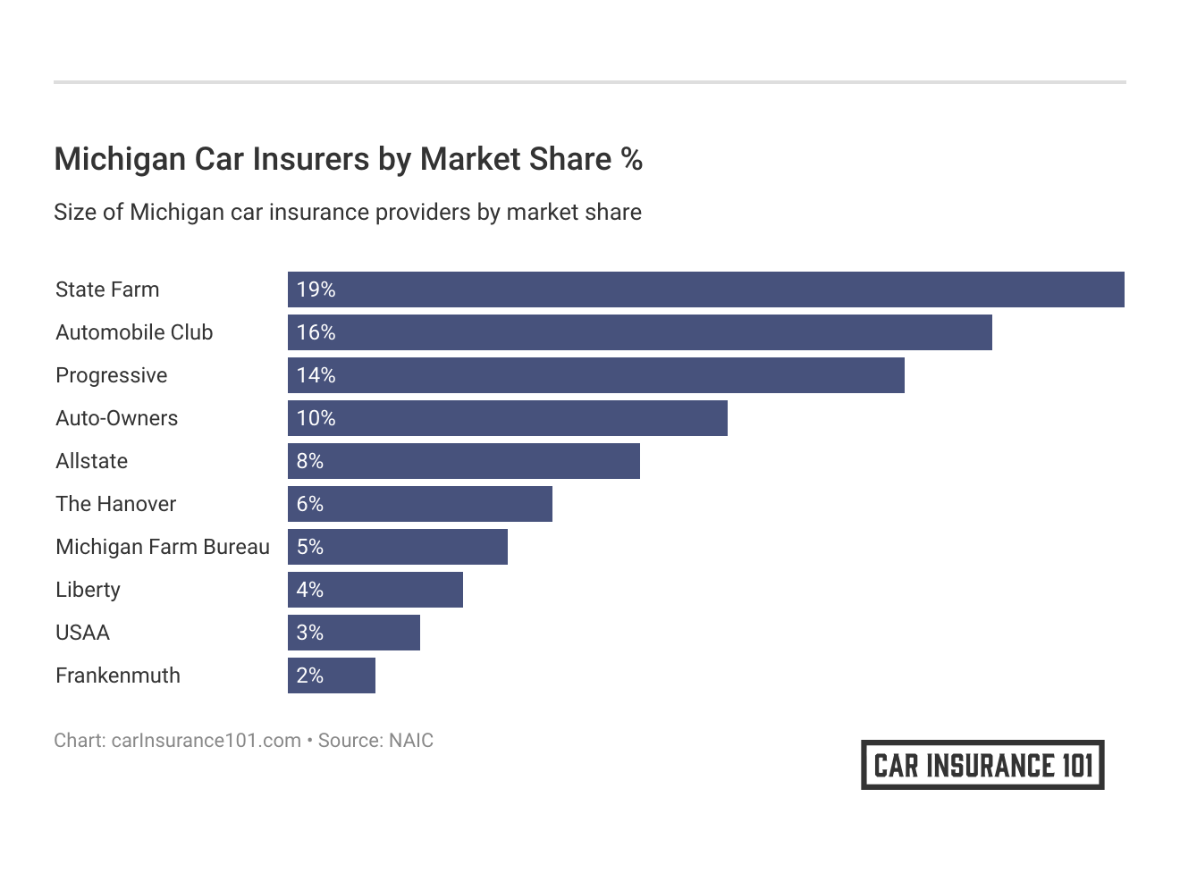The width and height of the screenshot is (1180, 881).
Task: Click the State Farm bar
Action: [705, 289]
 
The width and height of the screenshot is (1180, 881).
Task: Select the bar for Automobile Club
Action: [639, 332]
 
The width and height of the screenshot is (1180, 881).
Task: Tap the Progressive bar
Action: [595, 375]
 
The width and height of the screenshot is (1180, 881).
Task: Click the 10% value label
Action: [316, 418]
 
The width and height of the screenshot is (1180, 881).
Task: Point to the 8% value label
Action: [309, 461]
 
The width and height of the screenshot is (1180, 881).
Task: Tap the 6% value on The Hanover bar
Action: [309, 504]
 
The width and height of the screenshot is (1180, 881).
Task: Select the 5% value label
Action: [309, 547]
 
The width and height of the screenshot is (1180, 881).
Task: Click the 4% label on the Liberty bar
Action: [309, 590]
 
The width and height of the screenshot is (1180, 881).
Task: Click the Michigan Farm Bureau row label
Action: [162, 547]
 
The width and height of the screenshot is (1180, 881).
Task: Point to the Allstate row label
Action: [91, 461]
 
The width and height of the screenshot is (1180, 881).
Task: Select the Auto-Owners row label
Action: [116, 418]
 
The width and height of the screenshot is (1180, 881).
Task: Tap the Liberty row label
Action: [88, 590]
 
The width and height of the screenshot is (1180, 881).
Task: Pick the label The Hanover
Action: [115, 504]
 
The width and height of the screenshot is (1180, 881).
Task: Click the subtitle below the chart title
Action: [347, 213]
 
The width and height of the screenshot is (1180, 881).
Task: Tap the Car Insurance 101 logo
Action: [982, 765]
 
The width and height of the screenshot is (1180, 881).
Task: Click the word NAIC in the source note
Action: [410, 741]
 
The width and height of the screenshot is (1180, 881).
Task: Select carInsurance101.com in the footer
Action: [206, 741]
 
